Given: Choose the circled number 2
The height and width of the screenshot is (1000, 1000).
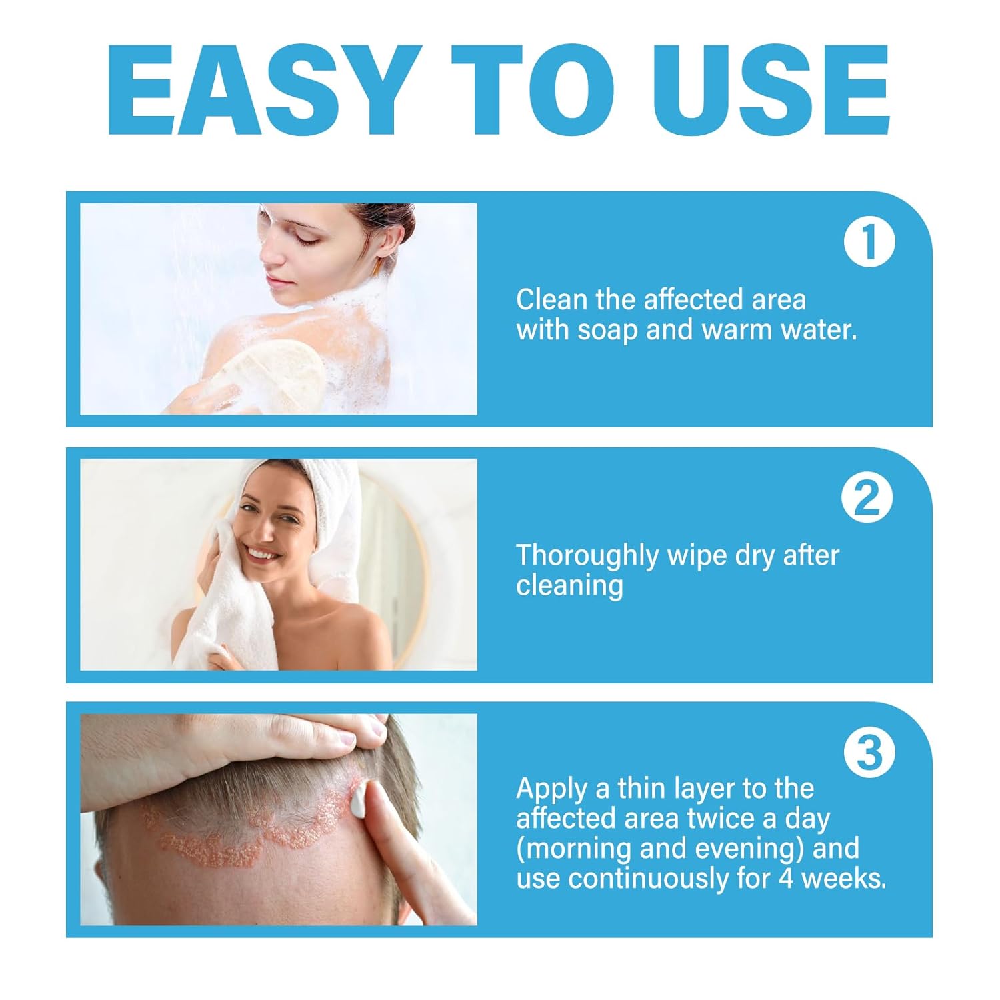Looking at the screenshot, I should tap(867, 498).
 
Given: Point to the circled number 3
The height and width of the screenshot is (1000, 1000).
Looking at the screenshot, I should tap(869, 753).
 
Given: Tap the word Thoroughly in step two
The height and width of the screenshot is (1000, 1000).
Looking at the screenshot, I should tap(587, 556).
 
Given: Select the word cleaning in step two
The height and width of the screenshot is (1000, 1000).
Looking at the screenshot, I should tap(569, 586).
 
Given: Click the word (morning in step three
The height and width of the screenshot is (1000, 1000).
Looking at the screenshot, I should tap(574, 849).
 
